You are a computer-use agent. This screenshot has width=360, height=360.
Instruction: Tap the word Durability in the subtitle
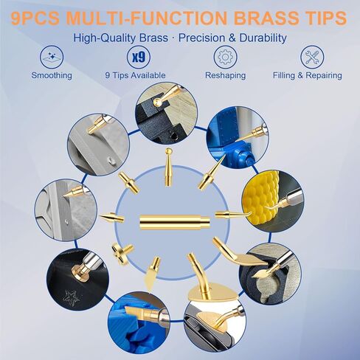(263, 38)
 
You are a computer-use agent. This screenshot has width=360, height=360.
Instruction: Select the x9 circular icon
(139, 57)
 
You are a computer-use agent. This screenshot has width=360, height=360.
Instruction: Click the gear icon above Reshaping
(225, 57)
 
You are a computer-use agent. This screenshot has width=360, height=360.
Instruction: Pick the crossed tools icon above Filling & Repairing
(312, 57)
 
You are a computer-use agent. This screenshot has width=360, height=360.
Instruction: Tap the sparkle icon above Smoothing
(52, 57)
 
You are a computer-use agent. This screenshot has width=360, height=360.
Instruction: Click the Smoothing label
(52, 75)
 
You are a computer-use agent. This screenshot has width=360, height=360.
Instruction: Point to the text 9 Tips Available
(135, 75)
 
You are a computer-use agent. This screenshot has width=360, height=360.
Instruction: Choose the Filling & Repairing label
(308, 75)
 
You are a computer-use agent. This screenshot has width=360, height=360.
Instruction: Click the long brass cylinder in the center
(175, 222)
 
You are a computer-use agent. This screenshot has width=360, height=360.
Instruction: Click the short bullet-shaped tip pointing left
(111, 218)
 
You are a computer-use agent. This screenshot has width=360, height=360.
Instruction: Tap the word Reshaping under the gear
(225, 75)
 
